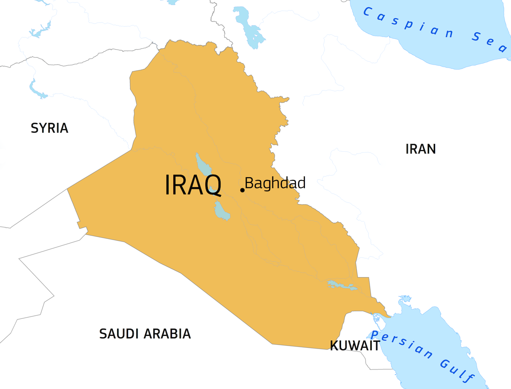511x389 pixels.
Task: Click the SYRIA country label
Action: [x=49, y=128]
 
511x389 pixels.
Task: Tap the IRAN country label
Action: [x=420, y=149]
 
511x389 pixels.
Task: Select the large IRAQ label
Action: [x=193, y=185]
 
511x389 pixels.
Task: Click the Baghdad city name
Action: [x=275, y=183]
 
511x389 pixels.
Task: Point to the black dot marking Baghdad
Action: [x=242, y=190]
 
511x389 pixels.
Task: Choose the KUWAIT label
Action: [x=355, y=346]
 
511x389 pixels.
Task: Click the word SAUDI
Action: [x=119, y=334]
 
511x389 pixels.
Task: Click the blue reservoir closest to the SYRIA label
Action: [x=37, y=89]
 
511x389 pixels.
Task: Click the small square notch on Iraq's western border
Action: [x=79, y=224]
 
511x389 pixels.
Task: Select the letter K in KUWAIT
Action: [x=335, y=346]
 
